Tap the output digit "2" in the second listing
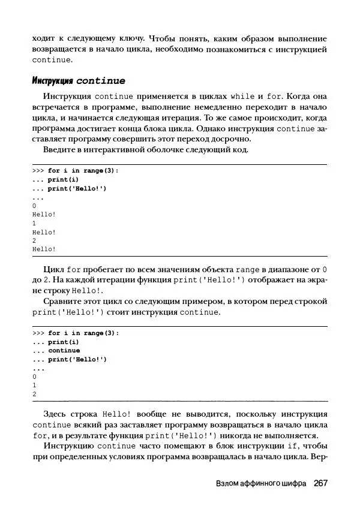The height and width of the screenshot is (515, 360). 34,394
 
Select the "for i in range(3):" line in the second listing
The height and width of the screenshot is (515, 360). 83,333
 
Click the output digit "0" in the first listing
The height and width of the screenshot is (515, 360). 34,206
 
